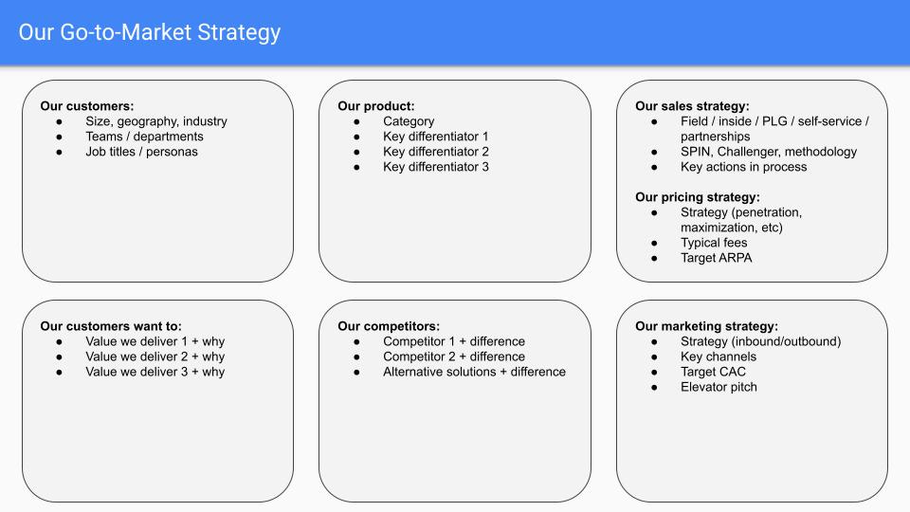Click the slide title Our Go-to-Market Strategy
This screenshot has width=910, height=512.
(x=150, y=32)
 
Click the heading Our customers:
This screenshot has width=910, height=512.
(x=87, y=106)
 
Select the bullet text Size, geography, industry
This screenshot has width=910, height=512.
(x=156, y=121)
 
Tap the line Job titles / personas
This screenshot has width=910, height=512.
(x=141, y=152)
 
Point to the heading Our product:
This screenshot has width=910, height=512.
(x=376, y=106)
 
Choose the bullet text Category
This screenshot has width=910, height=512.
(x=409, y=121)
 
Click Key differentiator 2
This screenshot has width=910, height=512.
(x=436, y=152)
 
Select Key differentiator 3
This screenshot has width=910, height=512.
(x=436, y=167)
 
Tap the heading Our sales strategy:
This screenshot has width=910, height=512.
(x=692, y=106)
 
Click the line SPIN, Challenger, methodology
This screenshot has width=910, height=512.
(x=768, y=152)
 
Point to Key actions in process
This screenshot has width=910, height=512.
(x=743, y=167)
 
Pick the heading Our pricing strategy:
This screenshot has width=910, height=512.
(x=698, y=197)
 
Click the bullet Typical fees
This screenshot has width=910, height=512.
(x=714, y=243)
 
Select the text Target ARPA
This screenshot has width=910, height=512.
(x=716, y=258)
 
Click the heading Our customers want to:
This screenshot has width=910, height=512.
(x=111, y=326)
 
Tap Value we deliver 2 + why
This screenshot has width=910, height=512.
(x=155, y=357)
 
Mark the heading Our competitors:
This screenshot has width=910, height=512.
(x=389, y=326)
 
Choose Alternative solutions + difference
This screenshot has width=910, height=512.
(x=474, y=372)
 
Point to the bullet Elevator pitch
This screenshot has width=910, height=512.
(x=719, y=387)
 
